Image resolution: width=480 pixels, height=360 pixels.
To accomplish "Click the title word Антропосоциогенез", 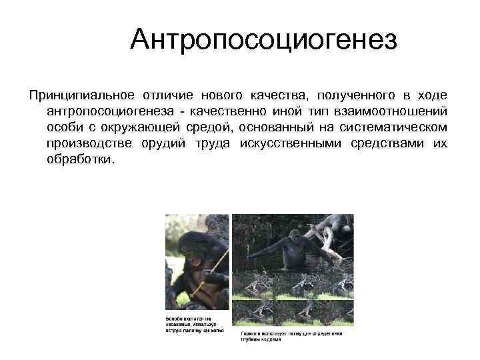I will click(x=263, y=39).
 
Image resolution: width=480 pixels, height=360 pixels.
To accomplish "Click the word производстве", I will click(x=89, y=144).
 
